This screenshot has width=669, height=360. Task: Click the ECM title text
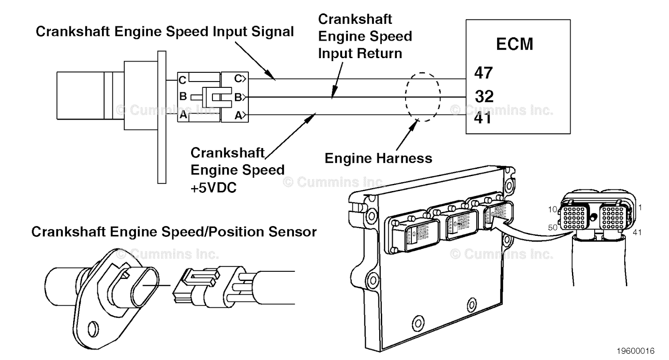tap(514, 44)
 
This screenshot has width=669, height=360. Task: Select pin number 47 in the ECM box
tap(483, 73)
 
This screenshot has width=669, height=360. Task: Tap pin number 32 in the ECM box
tap(484, 97)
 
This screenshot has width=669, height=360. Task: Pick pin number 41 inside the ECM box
tap(483, 118)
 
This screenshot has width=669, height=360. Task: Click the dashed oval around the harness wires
tap(423, 97)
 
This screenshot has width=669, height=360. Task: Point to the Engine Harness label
tap(378, 158)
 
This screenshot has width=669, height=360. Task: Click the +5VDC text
tap(213, 188)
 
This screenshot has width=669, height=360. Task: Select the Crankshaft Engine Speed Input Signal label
tap(165, 32)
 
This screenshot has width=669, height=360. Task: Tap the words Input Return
tap(360, 54)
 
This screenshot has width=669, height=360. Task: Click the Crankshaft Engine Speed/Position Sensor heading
tap(174, 232)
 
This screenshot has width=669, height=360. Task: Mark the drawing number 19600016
tap(635, 351)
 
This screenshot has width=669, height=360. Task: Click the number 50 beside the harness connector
tap(553, 228)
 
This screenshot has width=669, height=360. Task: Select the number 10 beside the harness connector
tap(553, 209)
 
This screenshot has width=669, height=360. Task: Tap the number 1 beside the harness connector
tap(640, 207)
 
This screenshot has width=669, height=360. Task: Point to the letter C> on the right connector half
tap(240, 79)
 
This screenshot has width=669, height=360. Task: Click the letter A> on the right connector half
tap(240, 115)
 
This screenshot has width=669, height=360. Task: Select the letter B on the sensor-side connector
tap(183, 97)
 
